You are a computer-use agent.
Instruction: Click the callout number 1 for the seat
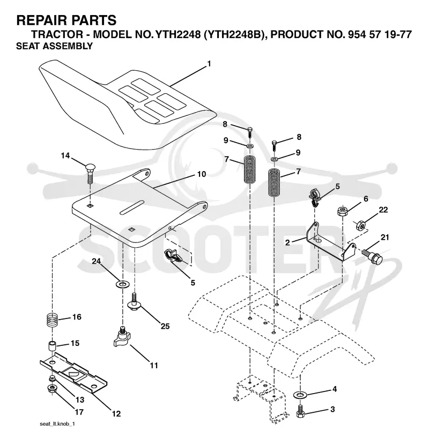point(209,64)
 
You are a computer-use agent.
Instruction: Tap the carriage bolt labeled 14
point(90,173)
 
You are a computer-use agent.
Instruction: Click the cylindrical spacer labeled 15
point(52,346)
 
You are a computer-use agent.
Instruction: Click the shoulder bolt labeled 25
point(135,302)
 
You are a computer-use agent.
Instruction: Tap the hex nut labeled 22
point(360,225)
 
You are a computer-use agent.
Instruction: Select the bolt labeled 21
point(372,255)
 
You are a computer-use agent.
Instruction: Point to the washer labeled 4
point(300,394)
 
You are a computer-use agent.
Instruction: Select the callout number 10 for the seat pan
point(201,174)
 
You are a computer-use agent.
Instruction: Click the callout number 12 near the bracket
point(116,413)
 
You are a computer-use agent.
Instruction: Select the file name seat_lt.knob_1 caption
point(57,424)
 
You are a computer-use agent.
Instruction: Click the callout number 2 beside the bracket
point(288,242)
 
